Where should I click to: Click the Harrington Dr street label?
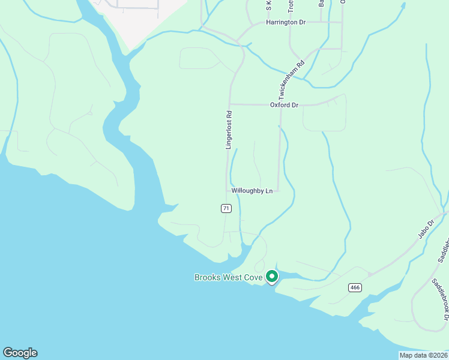click(286, 22)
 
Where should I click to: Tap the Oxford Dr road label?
click(284, 105)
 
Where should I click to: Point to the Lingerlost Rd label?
click(229, 130)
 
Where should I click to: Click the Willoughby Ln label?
click(252, 191)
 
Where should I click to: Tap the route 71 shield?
click(226, 208)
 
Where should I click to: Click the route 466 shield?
click(355, 287)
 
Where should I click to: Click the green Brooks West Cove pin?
click(271, 277)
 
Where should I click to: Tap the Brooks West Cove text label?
click(228, 277)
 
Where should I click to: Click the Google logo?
click(20, 353)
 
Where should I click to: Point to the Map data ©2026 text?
click(423, 355)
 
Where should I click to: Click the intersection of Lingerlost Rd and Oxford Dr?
click(230, 104)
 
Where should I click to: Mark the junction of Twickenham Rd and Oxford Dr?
click(280, 105)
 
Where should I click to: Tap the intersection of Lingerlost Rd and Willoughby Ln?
click(227, 191)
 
